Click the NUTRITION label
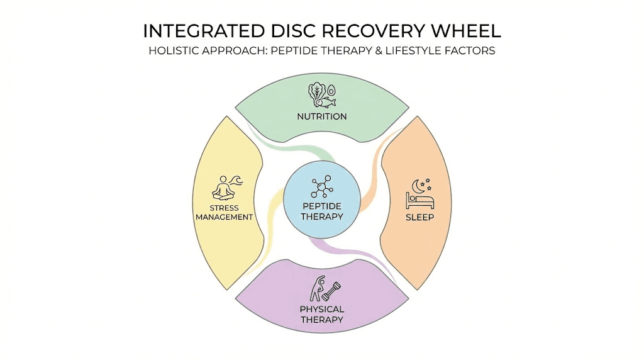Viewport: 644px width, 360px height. [322, 116]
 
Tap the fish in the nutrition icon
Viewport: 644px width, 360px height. [326, 102]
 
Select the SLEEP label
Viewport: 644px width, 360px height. [419, 218]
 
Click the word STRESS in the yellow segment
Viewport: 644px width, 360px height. [225, 208]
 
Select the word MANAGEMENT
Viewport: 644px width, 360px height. [225, 217]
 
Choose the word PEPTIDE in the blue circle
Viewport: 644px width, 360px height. [321, 206]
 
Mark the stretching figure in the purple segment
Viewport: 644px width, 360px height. [316, 288]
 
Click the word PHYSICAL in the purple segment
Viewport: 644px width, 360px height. [321, 309]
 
